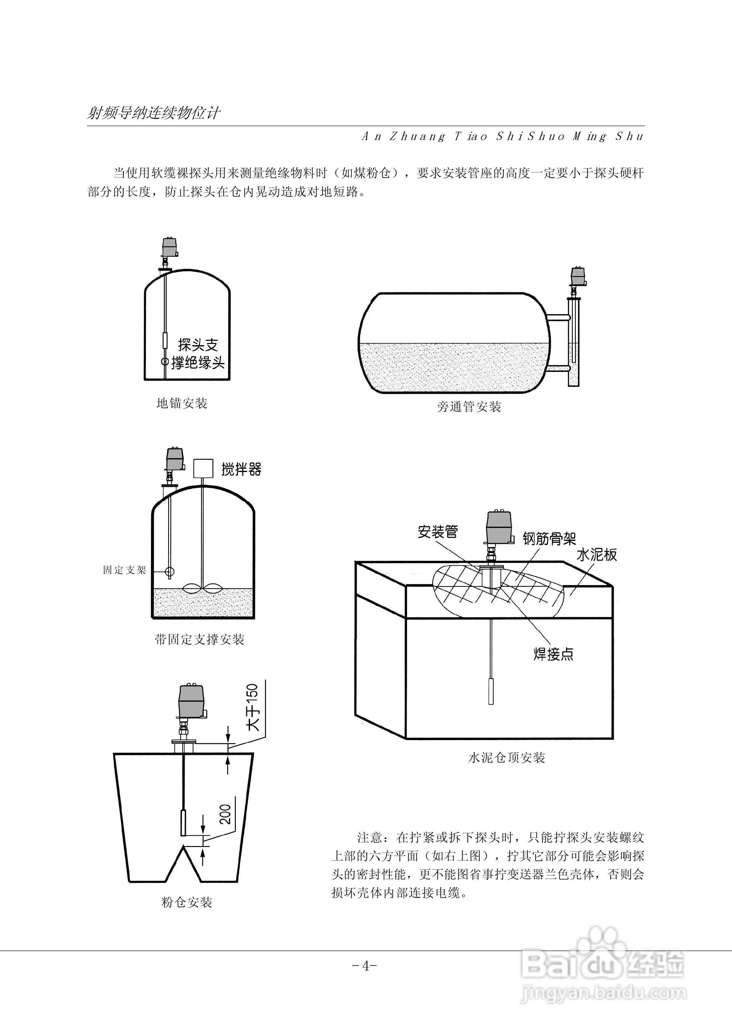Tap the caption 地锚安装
(182, 403)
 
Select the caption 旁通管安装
(469, 407)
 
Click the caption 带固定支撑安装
(199, 639)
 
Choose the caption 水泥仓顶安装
(507, 758)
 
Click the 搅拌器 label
(241, 469)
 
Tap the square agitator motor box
(203, 468)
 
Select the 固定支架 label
(125, 570)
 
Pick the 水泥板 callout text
(596, 555)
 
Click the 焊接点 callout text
(553, 654)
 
